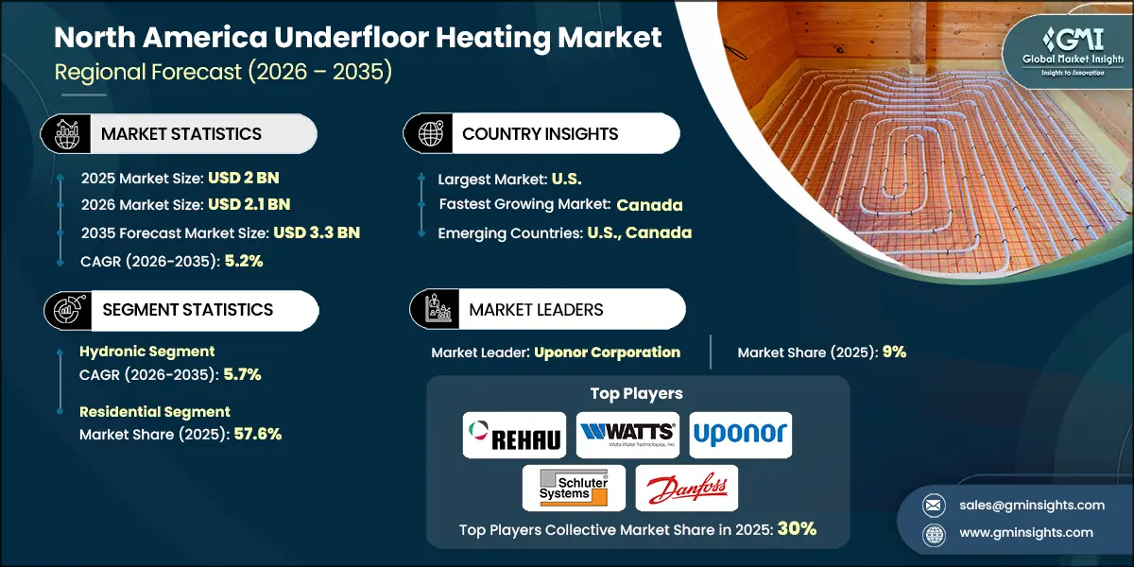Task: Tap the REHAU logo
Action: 514,436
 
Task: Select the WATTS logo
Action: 627,436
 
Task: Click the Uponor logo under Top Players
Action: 740,435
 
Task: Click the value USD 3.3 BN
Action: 317,232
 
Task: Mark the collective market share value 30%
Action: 797,529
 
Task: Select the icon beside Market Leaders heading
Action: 435,310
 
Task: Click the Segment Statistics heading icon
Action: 67,310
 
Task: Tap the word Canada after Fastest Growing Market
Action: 649,204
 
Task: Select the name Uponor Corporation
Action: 607,352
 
